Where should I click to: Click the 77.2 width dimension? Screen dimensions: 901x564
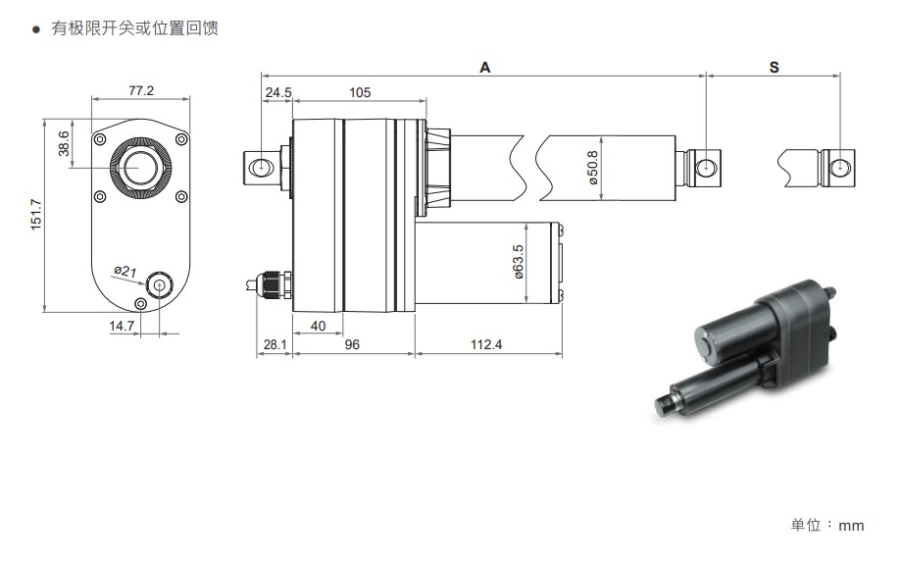[x=141, y=91]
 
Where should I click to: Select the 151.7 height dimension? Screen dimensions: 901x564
[x=36, y=215]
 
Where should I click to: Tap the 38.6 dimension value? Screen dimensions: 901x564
[x=63, y=143]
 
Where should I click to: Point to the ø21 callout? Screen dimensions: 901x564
[x=125, y=271]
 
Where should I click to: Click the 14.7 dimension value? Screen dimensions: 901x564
[x=122, y=326]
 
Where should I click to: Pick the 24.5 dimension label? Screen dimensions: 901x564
[x=278, y=92]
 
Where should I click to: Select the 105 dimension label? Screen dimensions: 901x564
[x=360, y=92]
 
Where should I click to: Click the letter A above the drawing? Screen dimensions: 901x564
[x=485, y=68]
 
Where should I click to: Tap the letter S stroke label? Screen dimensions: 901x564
[x=774, y=68]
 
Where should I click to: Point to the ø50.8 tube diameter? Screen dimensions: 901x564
[x=593, y=168]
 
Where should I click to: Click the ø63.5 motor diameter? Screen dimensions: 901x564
[x=519, y=262]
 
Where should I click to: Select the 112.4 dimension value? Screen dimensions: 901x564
[x=486, y=344]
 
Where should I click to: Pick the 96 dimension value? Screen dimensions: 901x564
[x=352, y=344]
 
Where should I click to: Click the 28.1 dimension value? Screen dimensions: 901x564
[x=275, y=344]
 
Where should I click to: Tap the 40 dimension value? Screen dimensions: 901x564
[x=318, y=326]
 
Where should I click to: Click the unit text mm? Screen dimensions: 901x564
[x=851, y=526]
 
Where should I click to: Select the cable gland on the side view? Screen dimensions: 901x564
[x=274, y=285]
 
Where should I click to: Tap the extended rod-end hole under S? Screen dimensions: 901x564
[x=840, y=168]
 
